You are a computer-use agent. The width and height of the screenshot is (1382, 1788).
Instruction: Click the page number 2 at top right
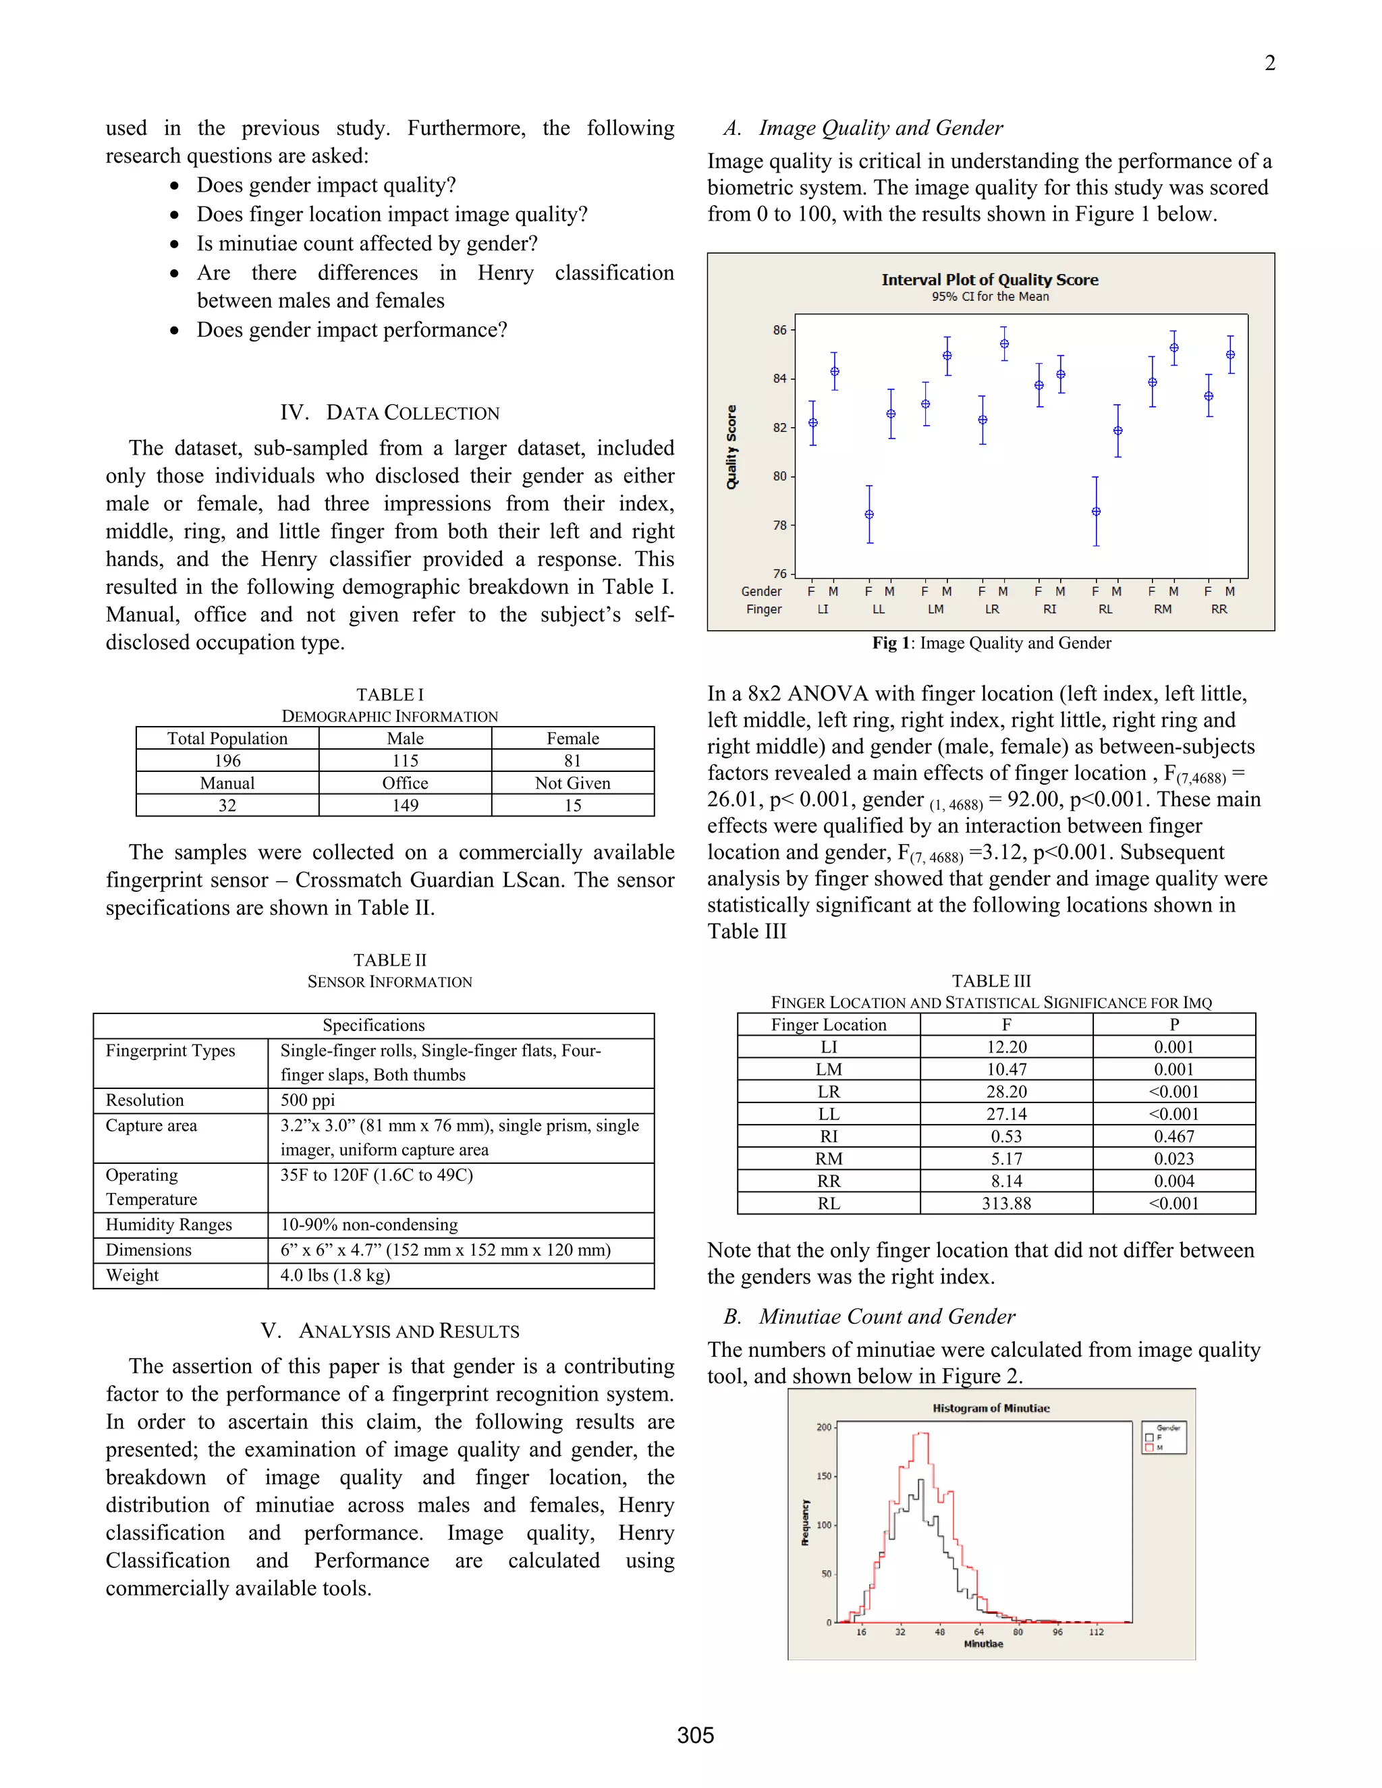point(1269,63)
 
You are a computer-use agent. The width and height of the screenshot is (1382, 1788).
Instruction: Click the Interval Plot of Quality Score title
point(989,279)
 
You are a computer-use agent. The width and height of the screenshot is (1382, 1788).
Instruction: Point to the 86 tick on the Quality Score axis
point(779,330)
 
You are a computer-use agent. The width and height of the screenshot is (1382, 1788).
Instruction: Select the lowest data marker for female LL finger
point(869,514)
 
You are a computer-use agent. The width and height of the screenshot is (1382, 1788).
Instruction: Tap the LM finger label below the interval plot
point(935,609)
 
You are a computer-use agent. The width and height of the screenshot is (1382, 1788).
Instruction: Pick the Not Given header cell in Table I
point(572,783)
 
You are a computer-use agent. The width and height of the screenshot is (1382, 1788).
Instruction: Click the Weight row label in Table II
point(133,1275)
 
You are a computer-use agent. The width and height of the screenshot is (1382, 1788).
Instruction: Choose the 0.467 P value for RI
point(1173,1136)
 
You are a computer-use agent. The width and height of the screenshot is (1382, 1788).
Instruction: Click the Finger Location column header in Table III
point(829,1024)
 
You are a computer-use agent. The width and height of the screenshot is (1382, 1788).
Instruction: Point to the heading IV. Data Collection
point(390,413)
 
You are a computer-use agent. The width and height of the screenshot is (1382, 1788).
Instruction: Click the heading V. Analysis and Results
point(390,1331)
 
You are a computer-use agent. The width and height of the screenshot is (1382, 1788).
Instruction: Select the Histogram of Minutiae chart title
point(991,1408)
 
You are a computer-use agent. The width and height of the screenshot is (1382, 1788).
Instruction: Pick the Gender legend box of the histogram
point(1163,1438)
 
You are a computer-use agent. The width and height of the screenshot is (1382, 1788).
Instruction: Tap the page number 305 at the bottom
point(695,1735)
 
